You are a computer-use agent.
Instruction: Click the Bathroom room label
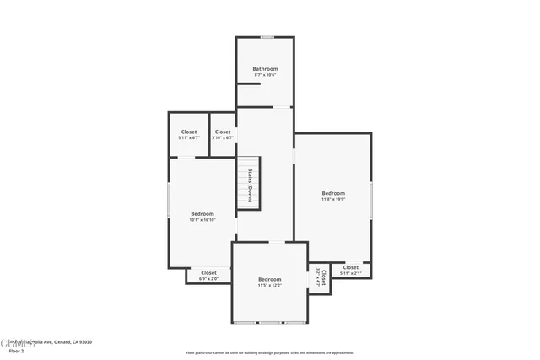tap(265, 69)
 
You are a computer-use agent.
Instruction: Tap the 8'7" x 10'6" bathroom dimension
tap(265, 76)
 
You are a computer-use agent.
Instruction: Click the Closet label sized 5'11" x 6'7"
tap(189, 132)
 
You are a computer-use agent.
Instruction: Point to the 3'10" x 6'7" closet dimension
tap(223, 138)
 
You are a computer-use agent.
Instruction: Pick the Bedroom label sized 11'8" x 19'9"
tap(333, 194)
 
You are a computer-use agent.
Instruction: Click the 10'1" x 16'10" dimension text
tap(202, 220)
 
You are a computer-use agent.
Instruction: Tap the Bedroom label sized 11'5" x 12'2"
tap(269, 279)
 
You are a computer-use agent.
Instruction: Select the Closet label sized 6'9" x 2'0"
tap(208, 272)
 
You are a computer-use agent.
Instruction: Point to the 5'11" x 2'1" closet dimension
tap(350, 273)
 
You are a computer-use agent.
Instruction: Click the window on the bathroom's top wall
tap(267, 37)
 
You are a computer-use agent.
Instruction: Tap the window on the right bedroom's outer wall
tap(371, 198)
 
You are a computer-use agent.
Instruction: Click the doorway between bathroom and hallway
tap(282, 107)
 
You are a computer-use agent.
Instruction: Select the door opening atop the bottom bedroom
tap(276, 243)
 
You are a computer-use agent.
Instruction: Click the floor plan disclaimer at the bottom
tap(269, 353)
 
